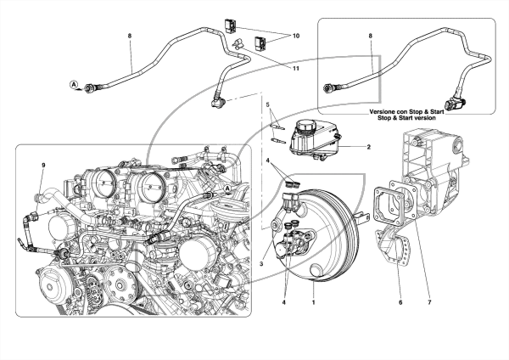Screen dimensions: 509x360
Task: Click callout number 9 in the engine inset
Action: point(43,166)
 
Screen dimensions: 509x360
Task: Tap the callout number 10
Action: point(296,36)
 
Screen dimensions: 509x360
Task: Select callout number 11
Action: point(296,69)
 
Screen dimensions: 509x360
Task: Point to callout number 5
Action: point(267,104)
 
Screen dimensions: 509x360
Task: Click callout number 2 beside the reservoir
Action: point(368,147)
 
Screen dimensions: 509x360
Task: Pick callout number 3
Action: point(261,264)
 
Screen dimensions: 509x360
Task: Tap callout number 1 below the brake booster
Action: point(313,302)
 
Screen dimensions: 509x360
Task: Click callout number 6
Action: point(400,302)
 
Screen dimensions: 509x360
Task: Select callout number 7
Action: point(429,302)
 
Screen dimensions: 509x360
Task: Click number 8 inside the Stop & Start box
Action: point(371,36)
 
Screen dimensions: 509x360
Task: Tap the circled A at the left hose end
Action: point(74,84)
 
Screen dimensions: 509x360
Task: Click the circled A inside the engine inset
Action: point(227,188)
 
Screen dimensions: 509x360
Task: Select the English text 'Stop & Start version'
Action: point(406,118)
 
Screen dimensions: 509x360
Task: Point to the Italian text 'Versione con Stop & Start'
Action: point(406,111)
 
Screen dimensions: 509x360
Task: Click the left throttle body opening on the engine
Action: point(105,182)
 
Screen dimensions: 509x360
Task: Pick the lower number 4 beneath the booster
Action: point(283,302)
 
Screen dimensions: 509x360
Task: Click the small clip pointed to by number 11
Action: point(238,44)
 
